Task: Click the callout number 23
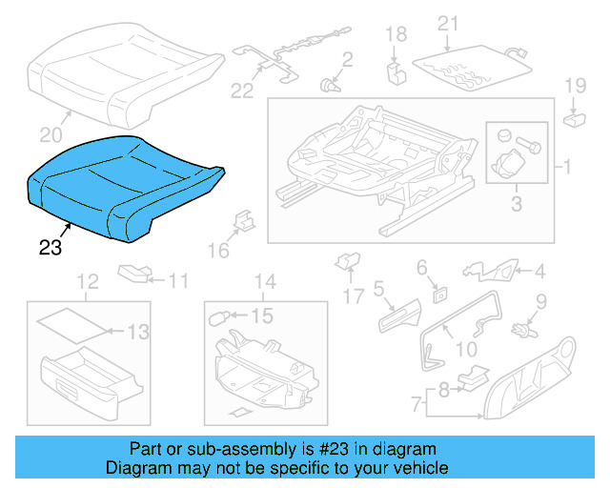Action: click(x=50, y=249)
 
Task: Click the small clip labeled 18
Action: click(x=394, y=70)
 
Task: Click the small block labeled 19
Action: click(x=575, y=119)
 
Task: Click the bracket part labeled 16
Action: click(x=243, y=221)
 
